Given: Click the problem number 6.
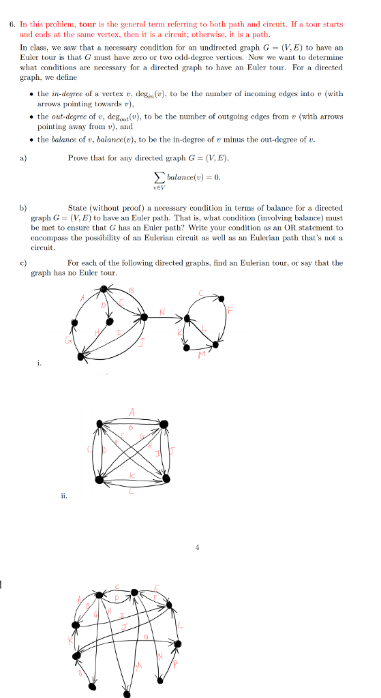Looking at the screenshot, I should click(x=12, y=24).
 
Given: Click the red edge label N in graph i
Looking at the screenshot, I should click(x=162, y=312).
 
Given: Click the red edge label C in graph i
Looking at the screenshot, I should click(x=201, y=292).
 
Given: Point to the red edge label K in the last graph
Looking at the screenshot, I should click(x=70, y=643).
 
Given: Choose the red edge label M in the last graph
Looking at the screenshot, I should click(x=139, y=665).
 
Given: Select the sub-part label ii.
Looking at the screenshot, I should click(x=63, y=496).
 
